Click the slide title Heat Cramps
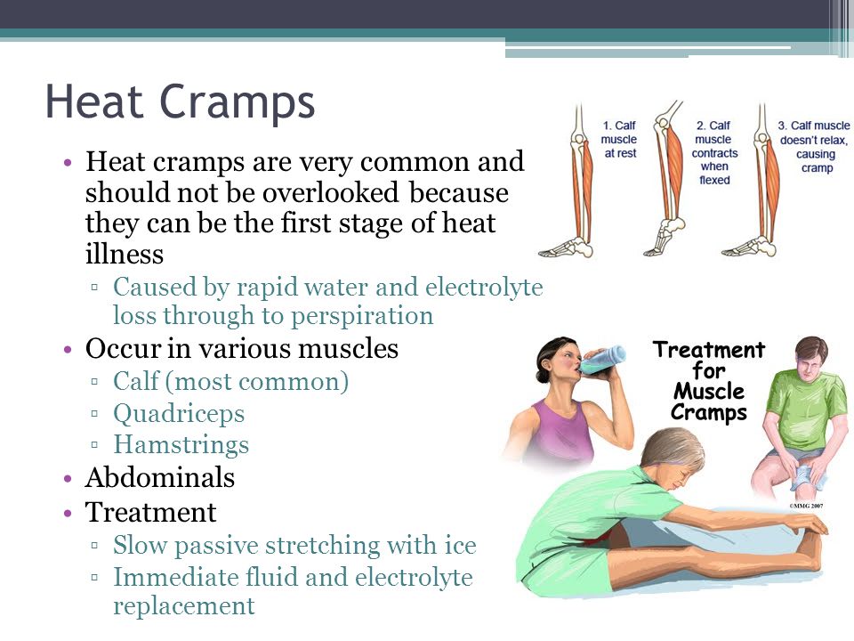point(181,101)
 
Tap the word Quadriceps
point(179,414)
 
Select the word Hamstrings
point(181,445)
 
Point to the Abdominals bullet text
point(159,477)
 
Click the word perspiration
point(362,317)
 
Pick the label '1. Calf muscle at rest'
point(619,140)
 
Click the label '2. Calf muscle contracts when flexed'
point(714,152)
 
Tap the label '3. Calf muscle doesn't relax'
point(814,147)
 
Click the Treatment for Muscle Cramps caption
point(709,380)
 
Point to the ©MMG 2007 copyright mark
point(806,506)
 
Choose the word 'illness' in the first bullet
point(125,254)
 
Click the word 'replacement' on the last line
point(183,606)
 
